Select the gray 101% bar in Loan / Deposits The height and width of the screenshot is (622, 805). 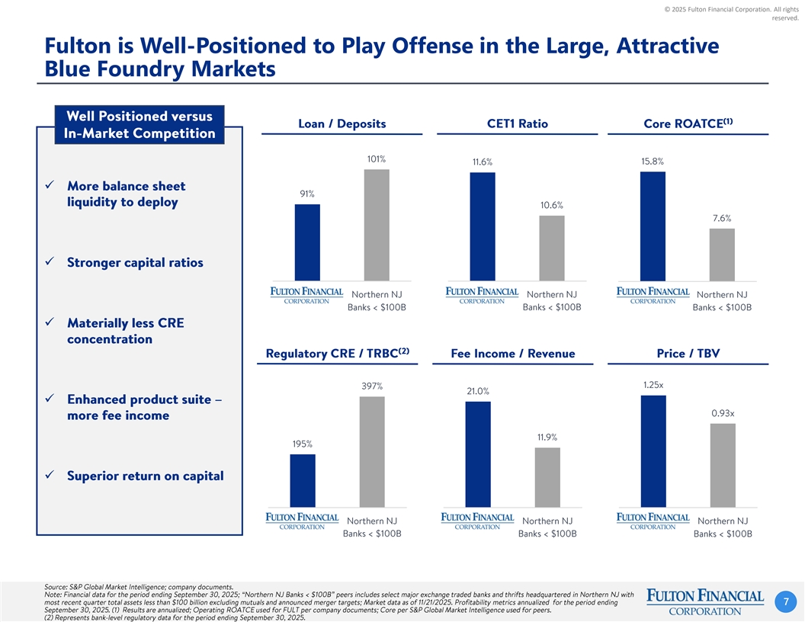(377, 225)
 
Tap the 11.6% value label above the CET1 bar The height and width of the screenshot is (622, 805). (483, 162)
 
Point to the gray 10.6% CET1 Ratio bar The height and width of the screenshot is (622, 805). (552, 248)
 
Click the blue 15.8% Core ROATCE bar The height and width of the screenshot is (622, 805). (653, 226)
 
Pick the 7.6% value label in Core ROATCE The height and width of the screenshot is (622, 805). (721, 218)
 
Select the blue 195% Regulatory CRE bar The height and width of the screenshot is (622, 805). (303, 480)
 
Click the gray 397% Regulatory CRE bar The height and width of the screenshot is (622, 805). (372, 451)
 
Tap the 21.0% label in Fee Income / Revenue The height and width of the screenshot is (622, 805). (478, 391)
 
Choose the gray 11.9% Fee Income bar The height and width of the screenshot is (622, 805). (547, 477)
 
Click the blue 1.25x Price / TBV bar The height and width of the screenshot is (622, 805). (653, 450)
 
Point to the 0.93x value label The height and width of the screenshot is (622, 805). (723, 413)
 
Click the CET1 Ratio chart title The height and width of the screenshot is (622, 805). (517, 123)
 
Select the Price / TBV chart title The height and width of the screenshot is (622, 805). (688, 353)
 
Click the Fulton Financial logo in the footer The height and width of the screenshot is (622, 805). (704, 601)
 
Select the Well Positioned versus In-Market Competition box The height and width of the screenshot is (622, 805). (140, 125)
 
